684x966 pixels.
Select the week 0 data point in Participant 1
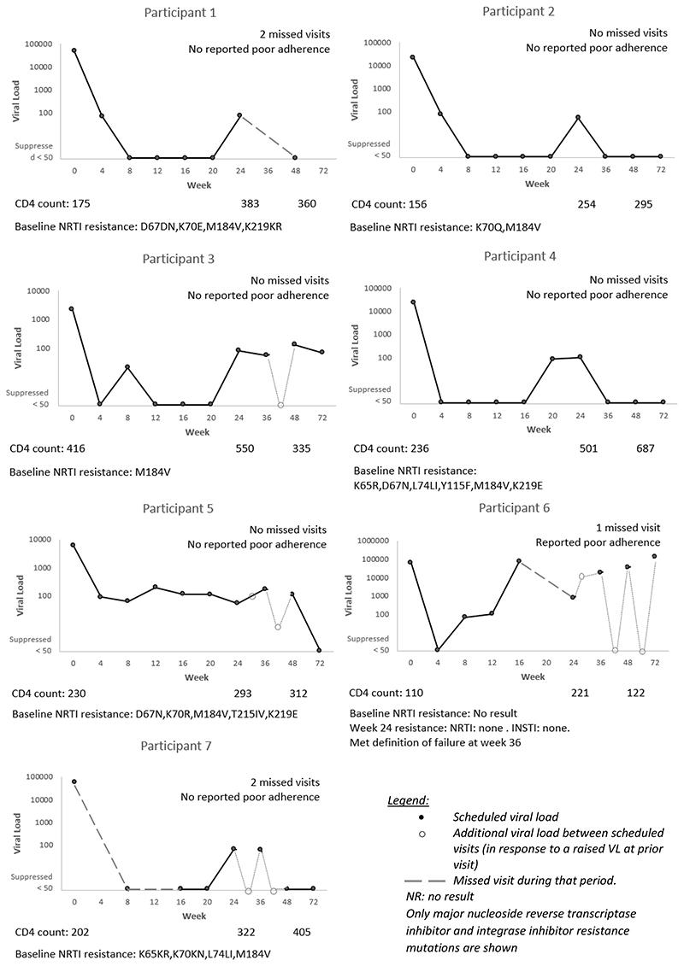tap(74, 50)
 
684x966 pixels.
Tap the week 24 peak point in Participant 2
tap(578, 117)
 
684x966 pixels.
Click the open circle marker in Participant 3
tap(280, 405)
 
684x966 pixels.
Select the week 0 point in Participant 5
tap(74, 545)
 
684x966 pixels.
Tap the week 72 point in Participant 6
tap(654, 556)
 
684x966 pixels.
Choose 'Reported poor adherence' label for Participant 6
tap(598, 542)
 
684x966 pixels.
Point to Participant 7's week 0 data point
tap(74, 782)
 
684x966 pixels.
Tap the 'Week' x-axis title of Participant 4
tap(538, 430)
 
